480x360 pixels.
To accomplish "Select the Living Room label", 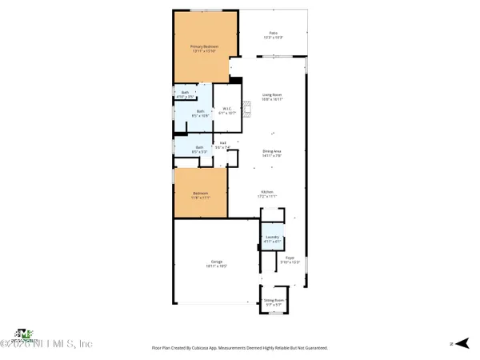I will tap(272, 97).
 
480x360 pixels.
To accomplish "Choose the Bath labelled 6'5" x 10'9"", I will tap(200, 114).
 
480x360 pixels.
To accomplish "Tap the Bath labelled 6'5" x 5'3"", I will tap(199, 149).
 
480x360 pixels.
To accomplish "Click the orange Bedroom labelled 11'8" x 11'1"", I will tap(200, 195).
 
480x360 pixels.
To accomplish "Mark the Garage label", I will tap(216, 263).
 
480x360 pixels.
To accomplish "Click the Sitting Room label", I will tap(273, 302).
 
